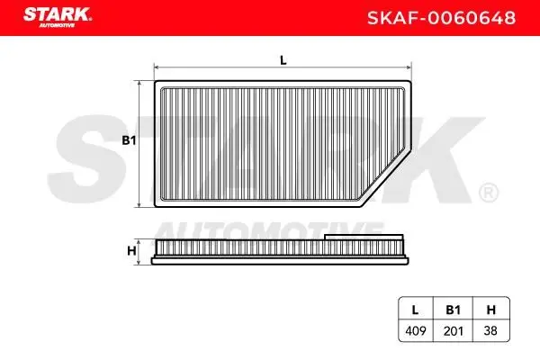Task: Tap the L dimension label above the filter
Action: point(283,60)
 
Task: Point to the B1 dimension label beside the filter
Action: point(128,141)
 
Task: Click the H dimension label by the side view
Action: point(130,250)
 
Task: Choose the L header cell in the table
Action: point(415,310)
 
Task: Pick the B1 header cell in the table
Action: point(453,310)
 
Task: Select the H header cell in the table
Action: point(490,310)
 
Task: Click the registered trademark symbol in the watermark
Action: point(486,192)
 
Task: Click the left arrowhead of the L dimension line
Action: point(158,67)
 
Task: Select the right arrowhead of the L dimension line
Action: point(409,67)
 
